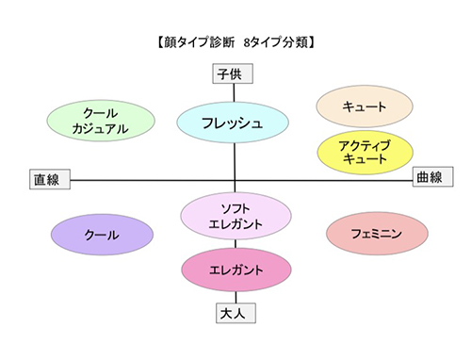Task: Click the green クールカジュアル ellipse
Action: tap(100, 121)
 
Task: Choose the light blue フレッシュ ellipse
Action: tap(232, 122)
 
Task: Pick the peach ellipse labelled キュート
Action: tap(365, 107)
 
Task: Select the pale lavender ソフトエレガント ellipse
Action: tap(233, 214)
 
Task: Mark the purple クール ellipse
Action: tap(101, 235)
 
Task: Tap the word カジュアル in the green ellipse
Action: tap(100, 129)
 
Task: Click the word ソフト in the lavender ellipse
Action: tap(233, 205)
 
